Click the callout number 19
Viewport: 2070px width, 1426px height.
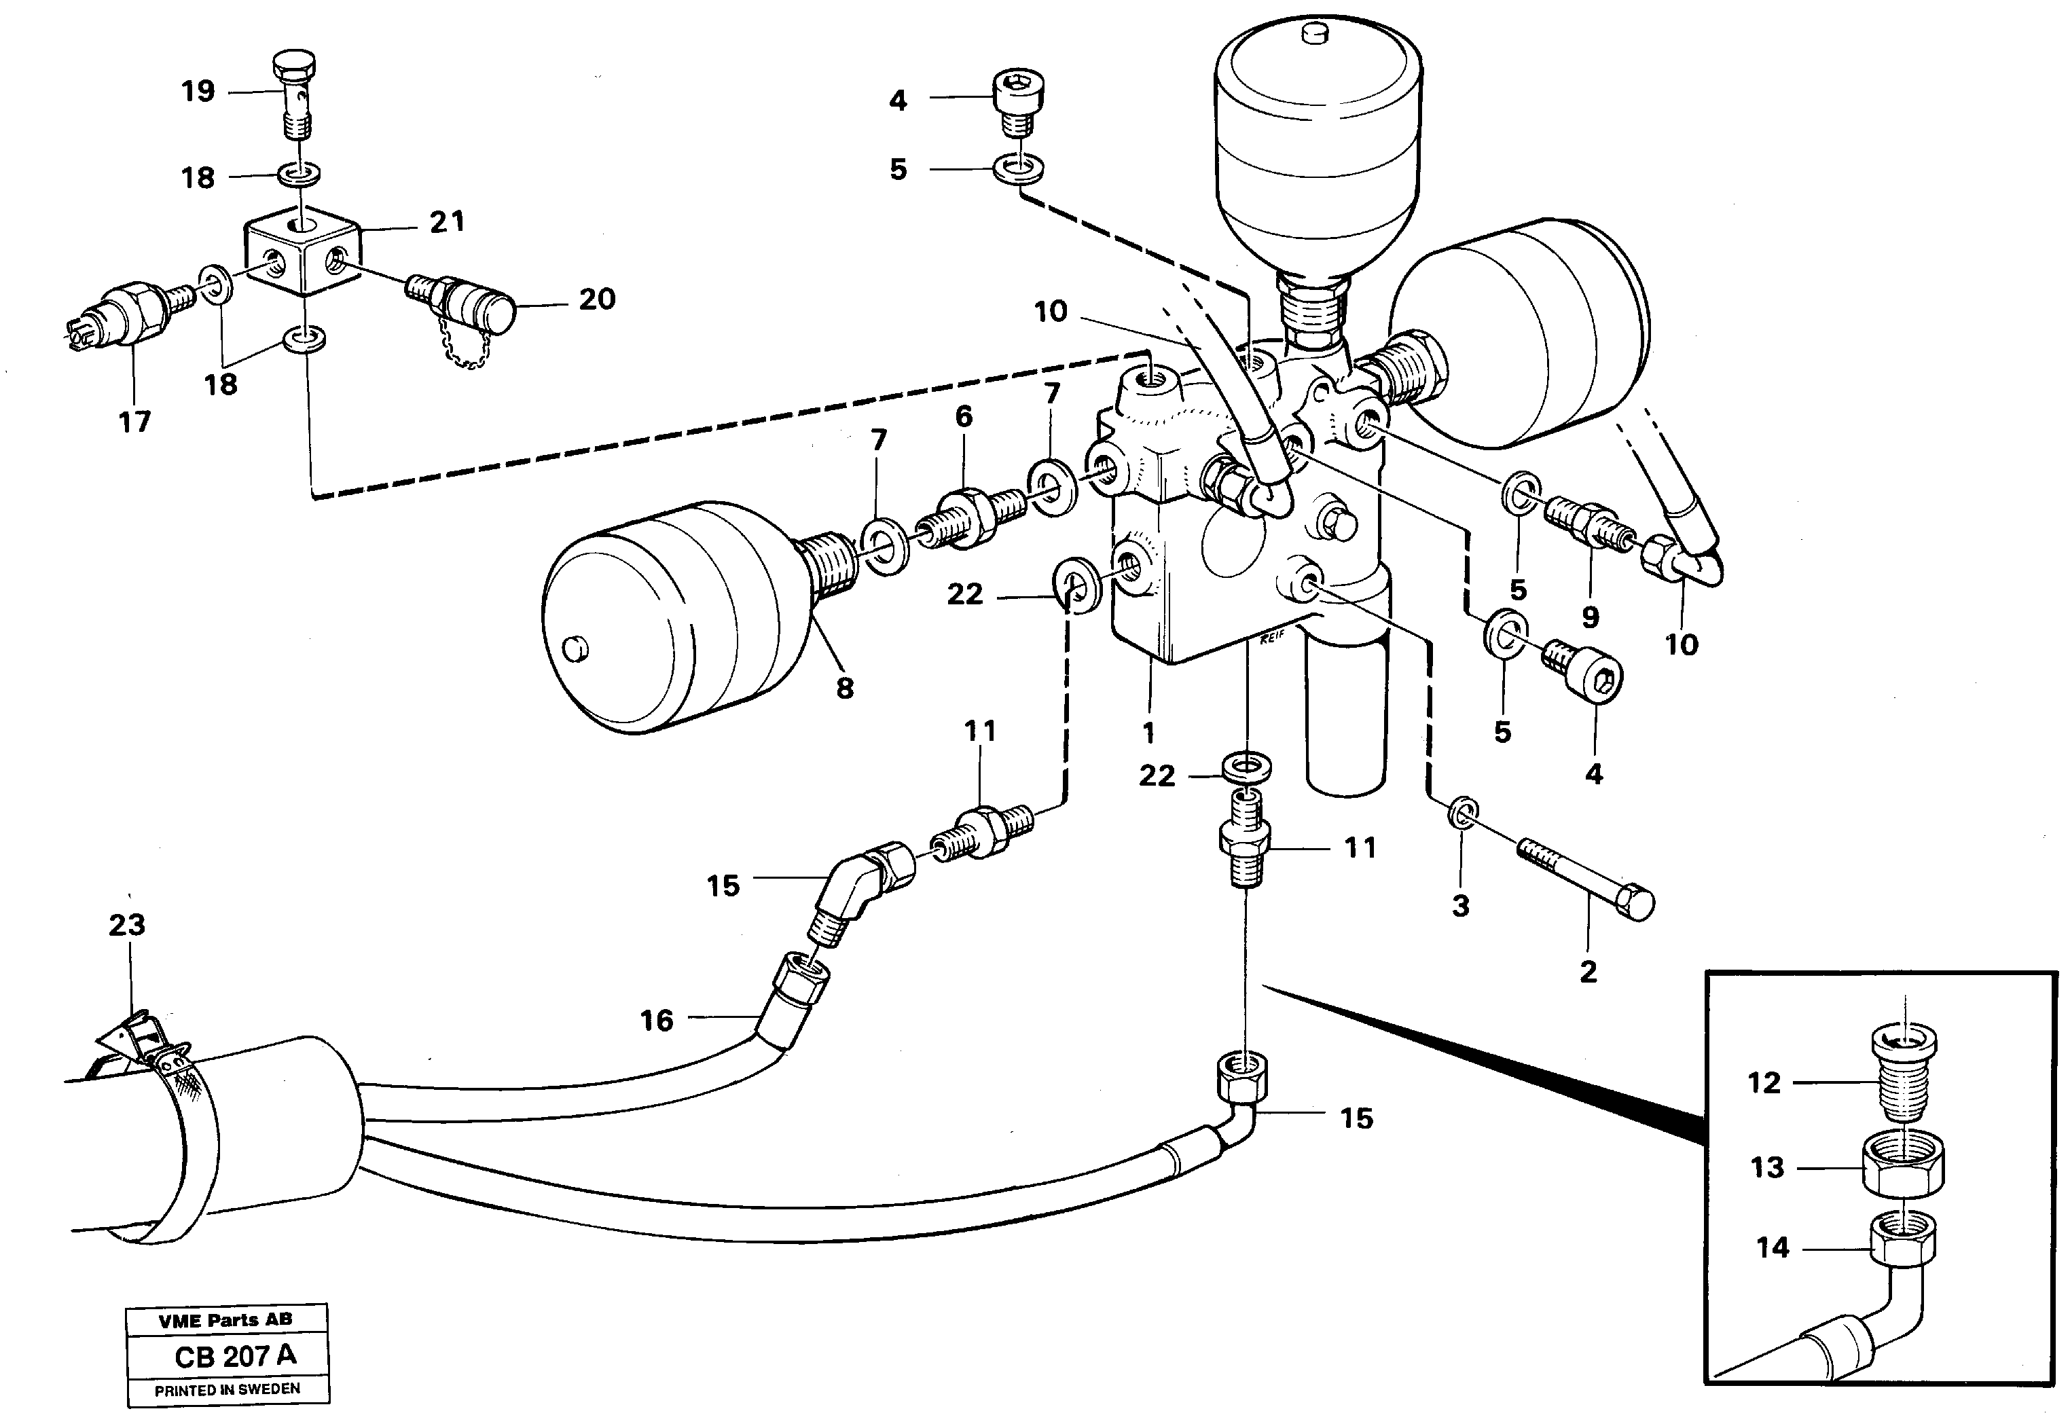(x=198, y=91)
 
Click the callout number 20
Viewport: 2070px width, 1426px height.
(x=597, y=299)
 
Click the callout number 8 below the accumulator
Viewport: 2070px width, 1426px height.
(x=844, y=687)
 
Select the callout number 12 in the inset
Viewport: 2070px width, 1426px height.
(x=1764, y=1083)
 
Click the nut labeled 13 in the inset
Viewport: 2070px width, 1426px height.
(x=1902, y=1168)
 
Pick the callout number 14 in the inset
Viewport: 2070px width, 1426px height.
(x=1773, y=1247)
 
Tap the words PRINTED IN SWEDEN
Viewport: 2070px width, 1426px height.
(x=227, y=1390)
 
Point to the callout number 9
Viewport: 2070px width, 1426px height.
(x=1591, y=617)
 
